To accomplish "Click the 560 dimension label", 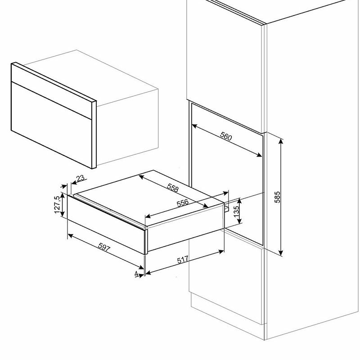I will (x=227, y=136).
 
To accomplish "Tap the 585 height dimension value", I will (x=278, y=197).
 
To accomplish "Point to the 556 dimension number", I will (x=183, y=203).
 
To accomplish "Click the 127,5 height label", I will (x=57, y=205).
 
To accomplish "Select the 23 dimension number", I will (x=80, y=179).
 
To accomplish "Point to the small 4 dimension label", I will (x=136, y=273).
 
